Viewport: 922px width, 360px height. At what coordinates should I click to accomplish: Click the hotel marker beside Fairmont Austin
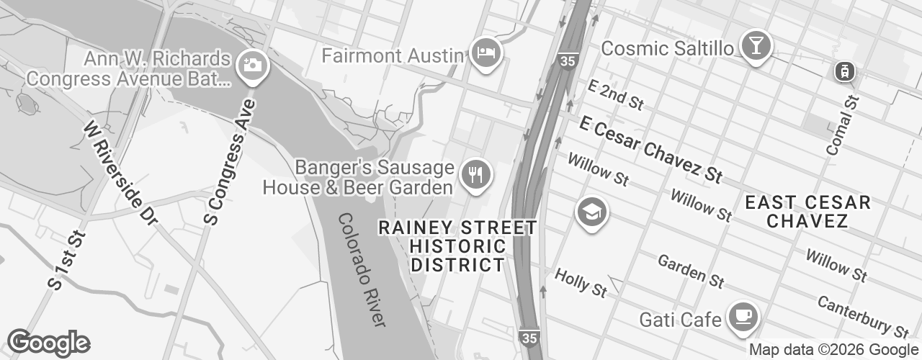click(486, 53)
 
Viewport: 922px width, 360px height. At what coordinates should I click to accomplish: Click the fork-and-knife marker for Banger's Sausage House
click(475, 174)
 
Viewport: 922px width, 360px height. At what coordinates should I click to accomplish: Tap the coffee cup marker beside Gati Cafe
click(743, 316)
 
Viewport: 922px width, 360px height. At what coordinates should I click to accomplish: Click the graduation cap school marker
click(591, 212)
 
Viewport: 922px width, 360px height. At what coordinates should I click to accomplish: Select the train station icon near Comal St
click(843, 71)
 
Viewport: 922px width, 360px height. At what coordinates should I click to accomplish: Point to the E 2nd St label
click(614, 95)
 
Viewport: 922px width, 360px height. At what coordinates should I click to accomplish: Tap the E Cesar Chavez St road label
click(650, 150)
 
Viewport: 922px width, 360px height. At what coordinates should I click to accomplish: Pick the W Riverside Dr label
click(120, 169)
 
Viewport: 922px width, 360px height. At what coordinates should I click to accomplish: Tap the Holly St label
click(581, 283)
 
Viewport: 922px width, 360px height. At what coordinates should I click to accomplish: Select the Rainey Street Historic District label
click(457, 246)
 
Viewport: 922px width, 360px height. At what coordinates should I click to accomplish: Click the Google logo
click(48, 343)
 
